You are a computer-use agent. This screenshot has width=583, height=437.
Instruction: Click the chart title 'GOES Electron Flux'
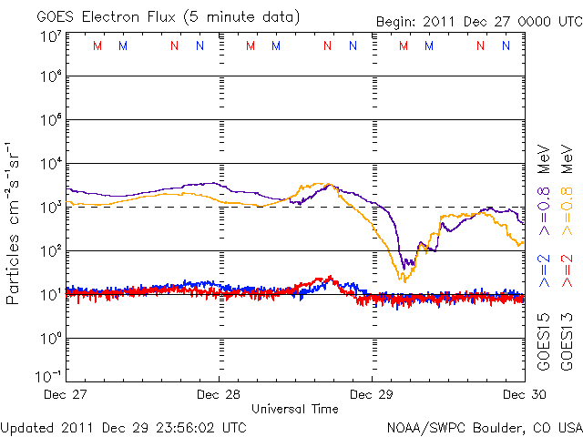(x=101, y=17)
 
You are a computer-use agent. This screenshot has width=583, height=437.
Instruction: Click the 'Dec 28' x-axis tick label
(x=220, y=395)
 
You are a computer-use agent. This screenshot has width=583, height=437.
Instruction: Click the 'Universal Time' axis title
(x=295, y=409)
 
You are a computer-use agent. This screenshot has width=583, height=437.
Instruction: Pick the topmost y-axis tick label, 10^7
(x=50, y=36)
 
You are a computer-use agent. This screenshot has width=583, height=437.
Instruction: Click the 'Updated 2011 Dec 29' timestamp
(x=124, y=426)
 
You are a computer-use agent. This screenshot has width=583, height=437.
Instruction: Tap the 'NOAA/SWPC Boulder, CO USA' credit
(x=484, y=426)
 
